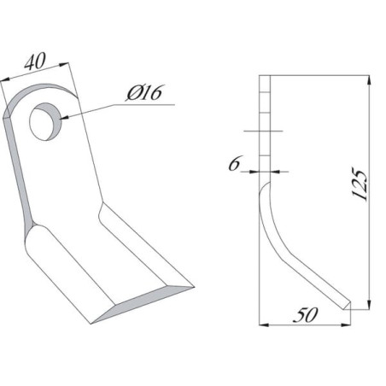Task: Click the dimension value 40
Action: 35,61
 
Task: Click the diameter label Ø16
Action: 144,93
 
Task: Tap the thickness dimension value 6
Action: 235,163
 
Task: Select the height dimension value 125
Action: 360,184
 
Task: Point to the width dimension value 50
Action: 305,315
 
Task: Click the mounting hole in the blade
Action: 45,121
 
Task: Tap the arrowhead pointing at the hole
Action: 64,117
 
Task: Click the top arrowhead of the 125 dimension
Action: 369,79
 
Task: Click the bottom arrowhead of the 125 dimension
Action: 369,305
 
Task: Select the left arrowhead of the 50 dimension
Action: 264,325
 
